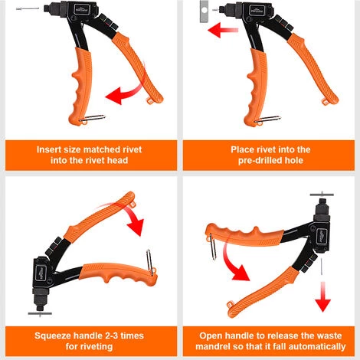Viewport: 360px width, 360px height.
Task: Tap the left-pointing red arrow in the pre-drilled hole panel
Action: point(223,30)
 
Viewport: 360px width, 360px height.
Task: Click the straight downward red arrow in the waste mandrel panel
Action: point(322,297)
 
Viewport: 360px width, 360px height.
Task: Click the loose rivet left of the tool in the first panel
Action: point(28,8)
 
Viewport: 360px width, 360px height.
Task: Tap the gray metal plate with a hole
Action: point(204,11)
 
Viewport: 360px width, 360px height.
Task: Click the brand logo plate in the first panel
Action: point(81,9)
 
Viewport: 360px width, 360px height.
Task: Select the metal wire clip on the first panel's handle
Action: point(92,119)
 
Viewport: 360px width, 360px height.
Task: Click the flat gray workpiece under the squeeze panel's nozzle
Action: point(40,313)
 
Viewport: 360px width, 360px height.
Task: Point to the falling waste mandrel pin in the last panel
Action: point(321,267)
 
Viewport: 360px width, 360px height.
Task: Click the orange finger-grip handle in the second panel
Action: point(256,87)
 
